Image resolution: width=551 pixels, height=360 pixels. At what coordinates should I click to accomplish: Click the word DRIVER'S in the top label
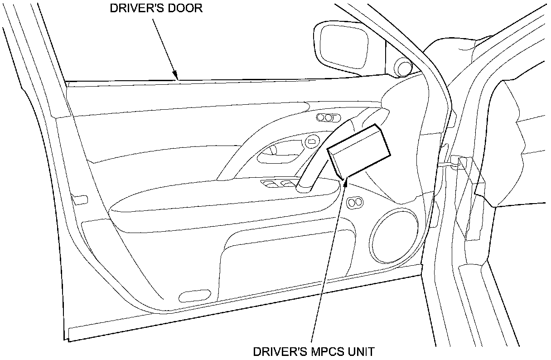132,9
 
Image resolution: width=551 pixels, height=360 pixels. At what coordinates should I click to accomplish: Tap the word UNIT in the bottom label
360,351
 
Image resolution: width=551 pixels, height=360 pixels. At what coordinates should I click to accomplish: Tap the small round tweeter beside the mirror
402,67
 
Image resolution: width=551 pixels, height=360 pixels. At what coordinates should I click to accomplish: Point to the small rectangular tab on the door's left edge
80,199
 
